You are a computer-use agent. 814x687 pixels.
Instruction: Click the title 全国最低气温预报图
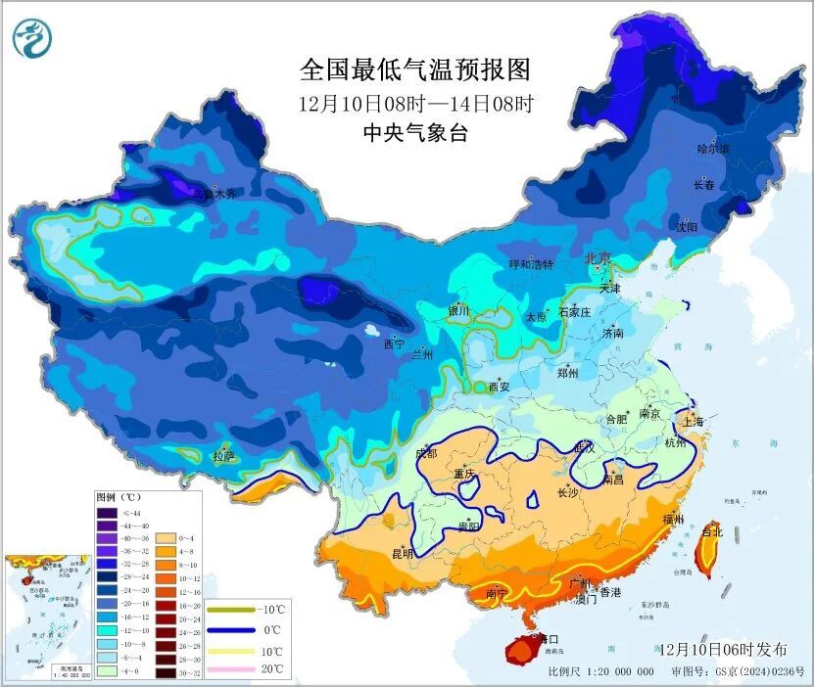414,70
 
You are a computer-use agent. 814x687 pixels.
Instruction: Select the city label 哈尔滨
713,149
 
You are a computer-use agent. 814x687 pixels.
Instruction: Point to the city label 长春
704,184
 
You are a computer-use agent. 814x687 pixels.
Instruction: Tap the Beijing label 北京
598,258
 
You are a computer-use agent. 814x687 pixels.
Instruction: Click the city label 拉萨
223,455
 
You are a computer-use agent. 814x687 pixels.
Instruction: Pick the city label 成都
426,452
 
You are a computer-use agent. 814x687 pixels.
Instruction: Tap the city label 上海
693,421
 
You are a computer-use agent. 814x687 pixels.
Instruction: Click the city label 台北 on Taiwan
711,532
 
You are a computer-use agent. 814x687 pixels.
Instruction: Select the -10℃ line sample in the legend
232,611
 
